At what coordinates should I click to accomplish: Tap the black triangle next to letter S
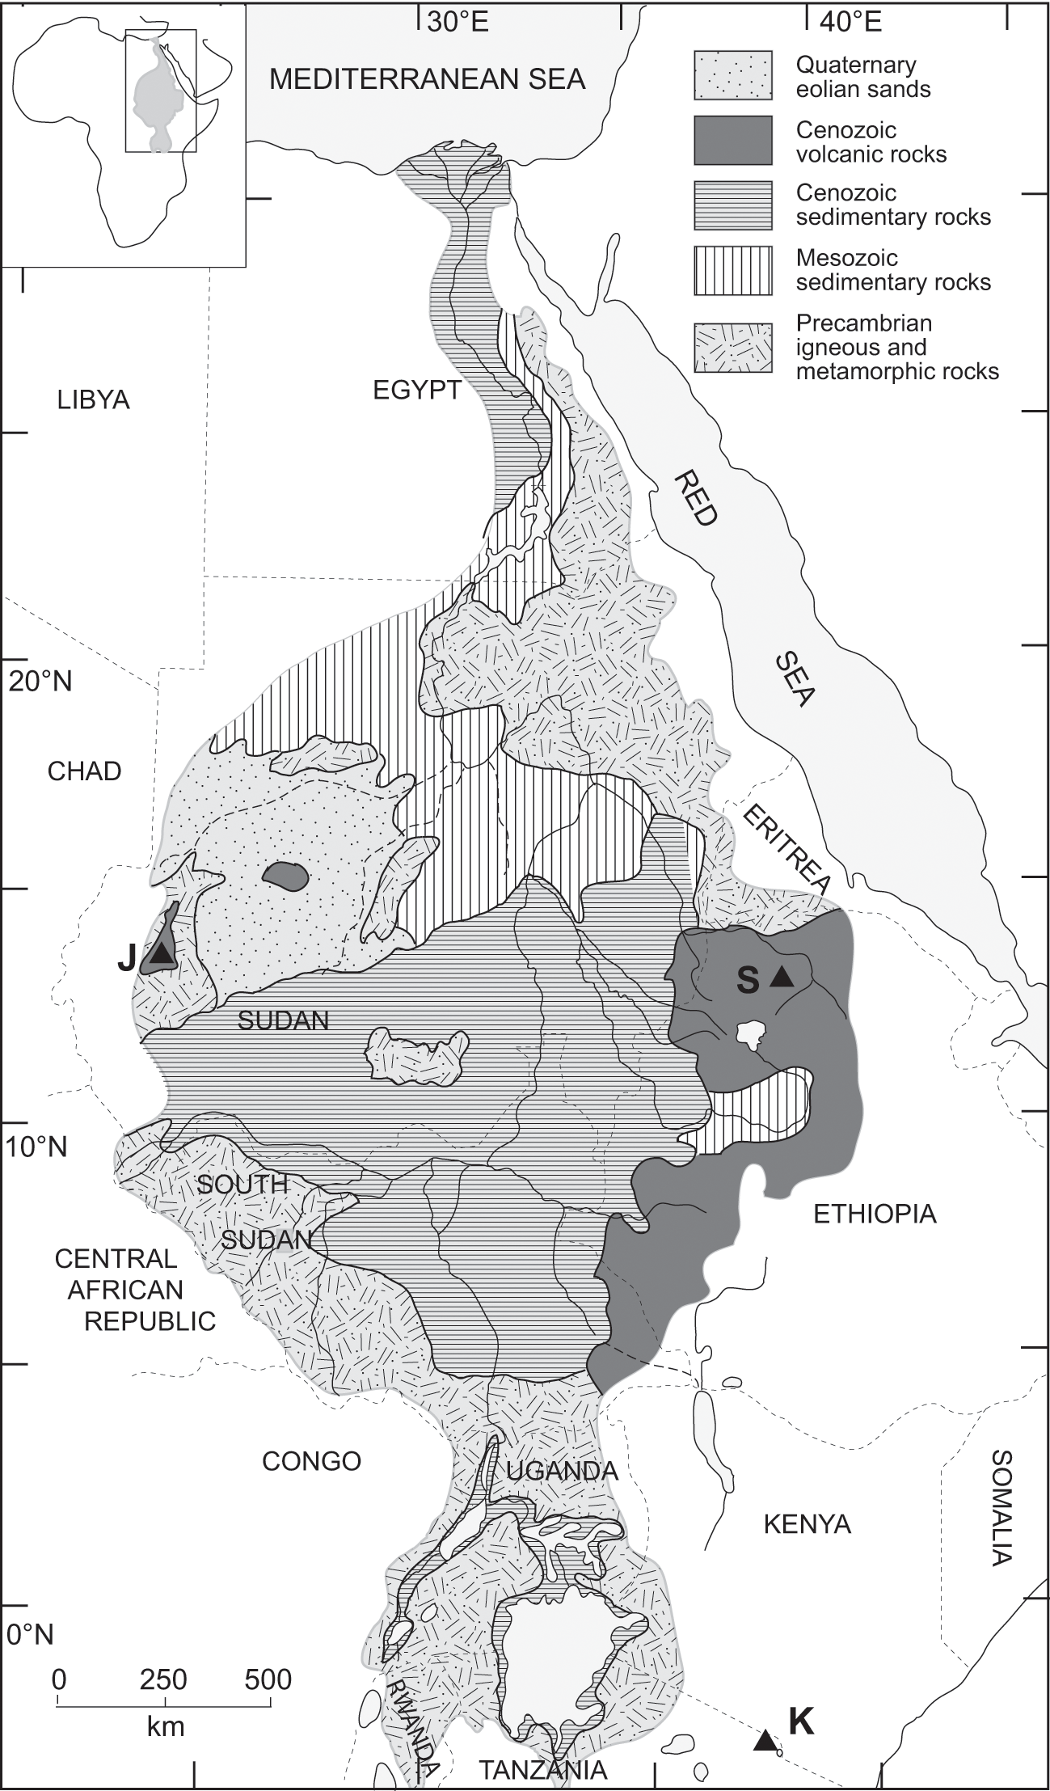pos(781,978)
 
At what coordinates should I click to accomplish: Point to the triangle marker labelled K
pos(764,1740)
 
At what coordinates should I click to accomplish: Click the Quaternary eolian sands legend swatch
pos(732,75)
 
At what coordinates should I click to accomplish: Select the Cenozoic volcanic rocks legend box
pos(732,141)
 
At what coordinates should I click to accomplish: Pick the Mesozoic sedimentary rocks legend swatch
pos(732,269)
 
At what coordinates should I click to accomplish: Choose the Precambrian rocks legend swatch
pos(732,348)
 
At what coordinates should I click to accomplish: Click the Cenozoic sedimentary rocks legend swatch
pos(732,205)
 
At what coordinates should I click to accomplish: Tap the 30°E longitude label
pos(458,22)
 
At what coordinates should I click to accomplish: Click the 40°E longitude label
pos(850,22)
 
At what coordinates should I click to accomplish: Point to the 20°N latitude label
pos(40,681)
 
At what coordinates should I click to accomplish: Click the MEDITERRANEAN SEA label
pos(428,79)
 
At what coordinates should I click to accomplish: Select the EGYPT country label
pos(416,391)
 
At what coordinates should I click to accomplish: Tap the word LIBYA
pos(94,399)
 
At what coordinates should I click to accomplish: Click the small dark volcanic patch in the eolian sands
pos(285,875)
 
